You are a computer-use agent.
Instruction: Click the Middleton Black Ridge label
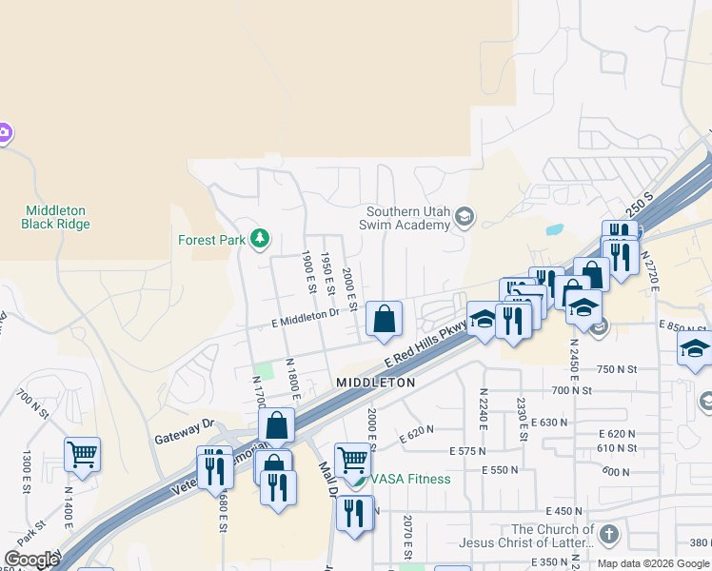pyautogui.click(x=55, y=217)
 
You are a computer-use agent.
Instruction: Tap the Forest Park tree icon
pyautogui.click(x=259, y=238)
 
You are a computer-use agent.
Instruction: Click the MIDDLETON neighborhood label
pyautogui.click(x=376, y=382)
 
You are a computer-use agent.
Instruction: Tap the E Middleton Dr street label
pyautogui.click(x=307, y=313)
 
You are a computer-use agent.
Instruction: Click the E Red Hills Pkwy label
pyautogui.click(x=427, y=345)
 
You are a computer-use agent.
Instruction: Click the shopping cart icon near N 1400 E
pyautogui.click(x=83, y=454)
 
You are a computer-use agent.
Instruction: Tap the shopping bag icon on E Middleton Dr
pyautogui.click(x=384, y=319)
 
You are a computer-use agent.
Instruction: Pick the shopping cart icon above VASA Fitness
pyautogui.click(x=352, y=460)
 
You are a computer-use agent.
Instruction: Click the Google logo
pyautogui.click(x=31, y=560)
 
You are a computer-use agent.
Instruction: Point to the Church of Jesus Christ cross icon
pyautogui.click(x=609, y=534)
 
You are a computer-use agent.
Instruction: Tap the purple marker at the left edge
pyautogui.click(x=4, y=133)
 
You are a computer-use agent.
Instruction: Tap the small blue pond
pyautogui.click(x=552, y=229)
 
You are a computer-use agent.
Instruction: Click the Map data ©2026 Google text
pyautogui.click(x=652, y=562)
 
